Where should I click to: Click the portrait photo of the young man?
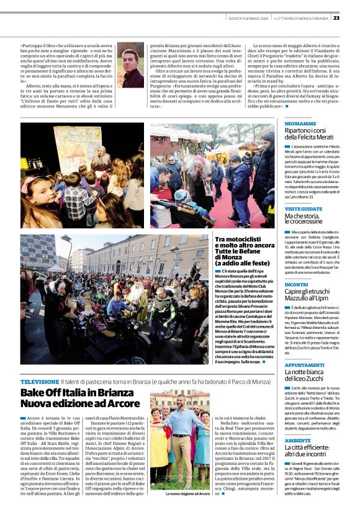coord(131,65)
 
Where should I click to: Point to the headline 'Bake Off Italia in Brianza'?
coord(77,392)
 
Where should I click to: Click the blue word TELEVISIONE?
coord(40,381)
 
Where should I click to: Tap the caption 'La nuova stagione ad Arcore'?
coord(187,494)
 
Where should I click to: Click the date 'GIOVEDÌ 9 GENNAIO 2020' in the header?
coord(245,17)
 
